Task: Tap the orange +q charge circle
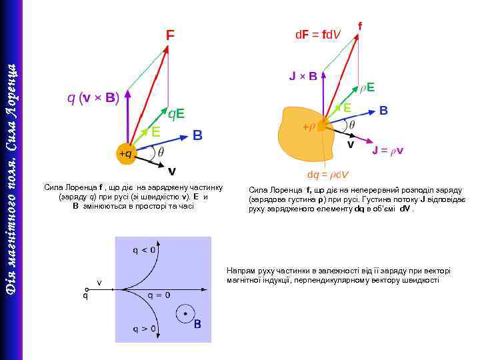pos(125,153)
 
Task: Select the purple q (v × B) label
pos(93,99)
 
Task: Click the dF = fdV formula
pos(318,33)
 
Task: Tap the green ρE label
pos(367,87)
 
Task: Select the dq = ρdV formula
pos(328,175)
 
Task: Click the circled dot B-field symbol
pos(185,312)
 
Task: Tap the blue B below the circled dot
pos(197,325)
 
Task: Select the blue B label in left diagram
pos(197,135)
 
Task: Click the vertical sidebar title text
pos(11,180)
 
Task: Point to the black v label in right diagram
pos(350,144)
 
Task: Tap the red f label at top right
pos(360,25)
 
